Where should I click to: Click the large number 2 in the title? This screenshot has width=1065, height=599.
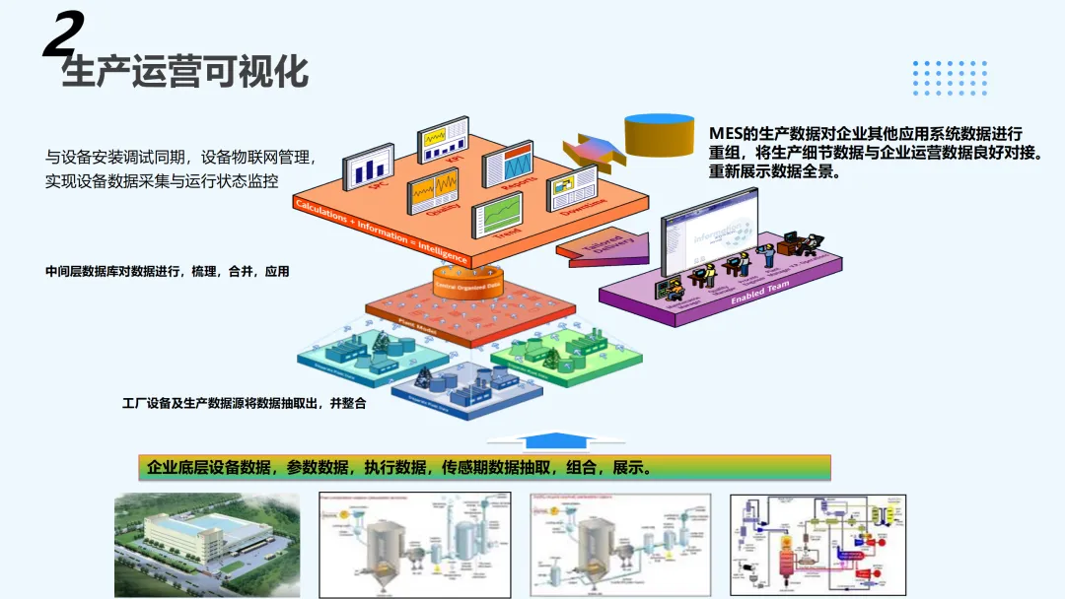[61, 37]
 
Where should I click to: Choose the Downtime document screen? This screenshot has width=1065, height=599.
[573, 191]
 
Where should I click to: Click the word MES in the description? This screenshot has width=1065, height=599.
[728, 134]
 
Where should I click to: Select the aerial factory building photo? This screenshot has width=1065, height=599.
[206, 545]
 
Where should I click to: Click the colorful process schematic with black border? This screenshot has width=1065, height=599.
[816, 545]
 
